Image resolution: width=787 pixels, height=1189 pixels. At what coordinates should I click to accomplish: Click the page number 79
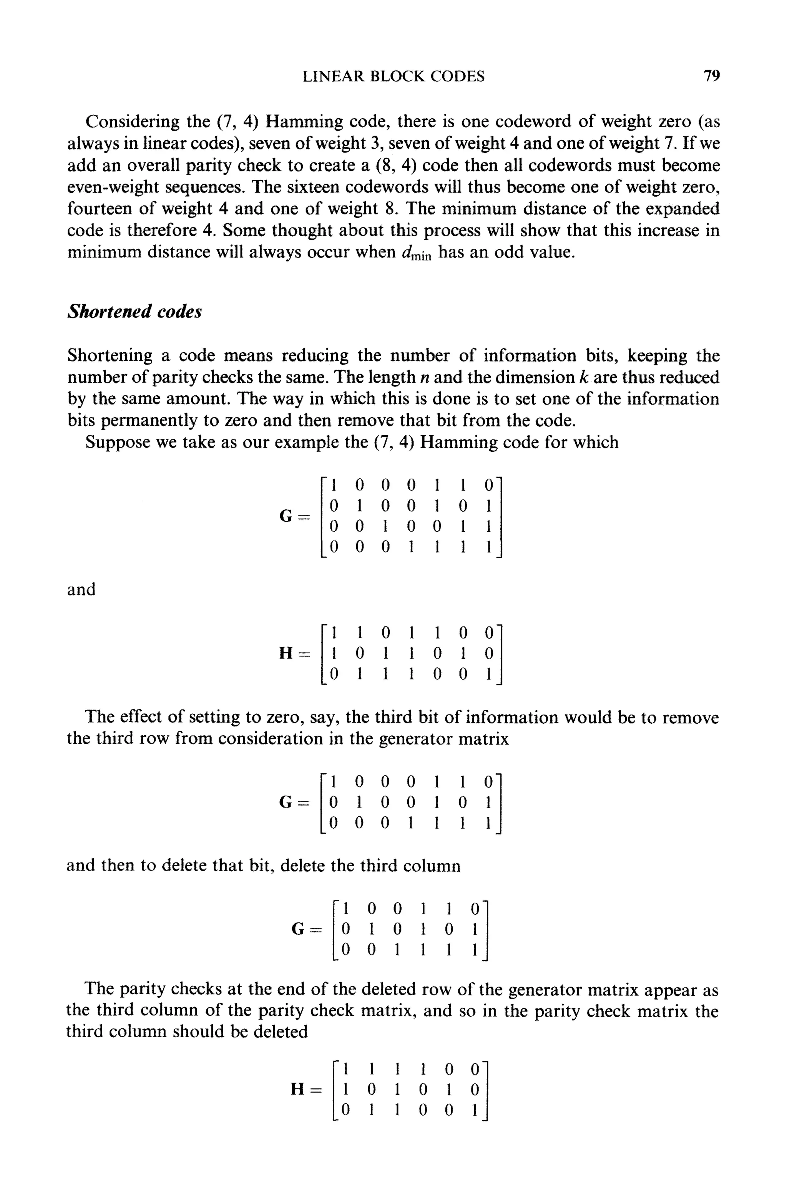click(711, 76)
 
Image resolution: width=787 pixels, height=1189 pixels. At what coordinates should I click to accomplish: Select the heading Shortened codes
click(134, 312)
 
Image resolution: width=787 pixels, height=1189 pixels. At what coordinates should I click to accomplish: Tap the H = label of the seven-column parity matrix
click(294, 653)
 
